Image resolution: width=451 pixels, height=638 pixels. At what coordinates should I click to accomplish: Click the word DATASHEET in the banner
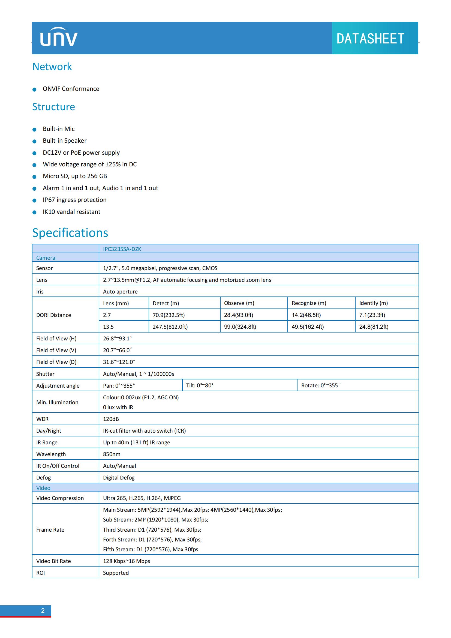click(x=370, y=39)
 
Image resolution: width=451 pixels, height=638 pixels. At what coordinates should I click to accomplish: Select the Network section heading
click(x=52, y=67)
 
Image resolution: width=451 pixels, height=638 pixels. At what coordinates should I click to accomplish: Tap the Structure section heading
click(x=54, y=107)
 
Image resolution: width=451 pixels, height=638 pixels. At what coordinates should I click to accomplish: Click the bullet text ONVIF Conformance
click(x=71, y=89)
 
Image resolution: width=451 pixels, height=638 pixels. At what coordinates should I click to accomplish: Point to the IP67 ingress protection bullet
click(x=74, y=200)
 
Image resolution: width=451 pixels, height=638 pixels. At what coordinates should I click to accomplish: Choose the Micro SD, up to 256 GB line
click(x=75, y=176)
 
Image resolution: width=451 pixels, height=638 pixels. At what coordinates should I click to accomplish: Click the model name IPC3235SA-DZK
click(x=122, y=249)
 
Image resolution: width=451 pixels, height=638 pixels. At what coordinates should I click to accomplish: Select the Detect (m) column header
click(x=166, y=303)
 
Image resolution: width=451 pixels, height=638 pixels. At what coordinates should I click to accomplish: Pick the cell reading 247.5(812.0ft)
click(x=170, y=327)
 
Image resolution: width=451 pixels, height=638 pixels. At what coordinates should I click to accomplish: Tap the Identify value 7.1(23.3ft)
click(x=372, y=315)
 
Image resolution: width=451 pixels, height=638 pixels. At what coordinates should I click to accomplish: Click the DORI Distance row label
click(x=54, y=315)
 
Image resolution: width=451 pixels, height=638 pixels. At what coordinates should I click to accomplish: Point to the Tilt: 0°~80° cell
click(x=200, y=385)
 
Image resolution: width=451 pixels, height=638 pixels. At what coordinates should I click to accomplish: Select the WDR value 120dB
click(x=111, y=419)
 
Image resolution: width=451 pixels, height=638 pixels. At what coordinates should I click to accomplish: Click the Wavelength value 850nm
click(x=112, y=454)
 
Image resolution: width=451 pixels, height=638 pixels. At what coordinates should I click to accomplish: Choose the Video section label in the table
click(x=43, y=488)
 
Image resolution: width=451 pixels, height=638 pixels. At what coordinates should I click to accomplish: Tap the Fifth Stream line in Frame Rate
click(x=151, y=549)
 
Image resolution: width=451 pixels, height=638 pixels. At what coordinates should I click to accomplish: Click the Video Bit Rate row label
click(x=54, y=561)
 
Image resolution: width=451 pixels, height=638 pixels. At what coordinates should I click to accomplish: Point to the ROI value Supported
click(x=116, y=573)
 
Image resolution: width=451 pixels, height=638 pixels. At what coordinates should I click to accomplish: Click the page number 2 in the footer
click(x=43, y=610)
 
